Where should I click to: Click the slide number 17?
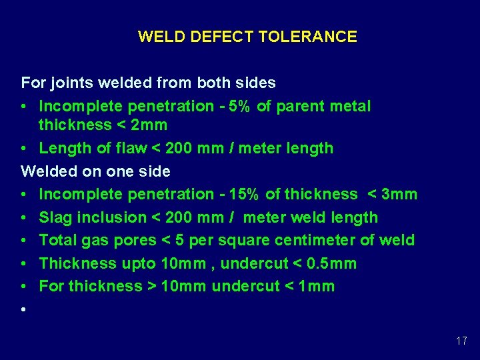(461, 341)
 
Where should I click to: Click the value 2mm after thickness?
(151, 125)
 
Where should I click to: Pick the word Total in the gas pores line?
(57, 240)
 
